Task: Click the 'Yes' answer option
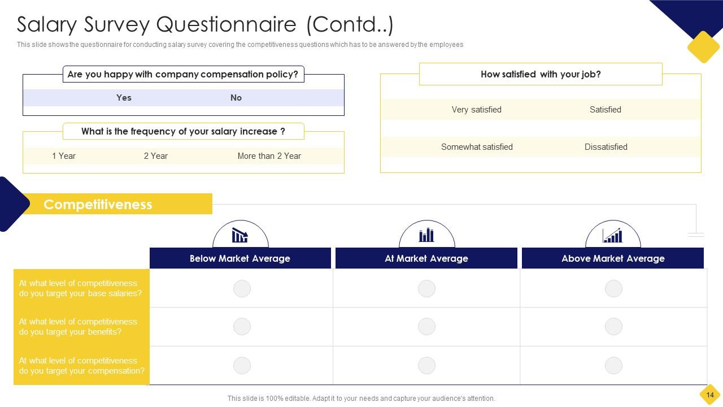pyautogui.click(x=124, y=98)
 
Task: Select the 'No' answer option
pyautogui.click(x=236, y=98)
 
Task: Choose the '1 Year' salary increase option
pyautogui.click(x=64, y=156)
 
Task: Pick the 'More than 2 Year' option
pyautogui.click(x=269, y=156)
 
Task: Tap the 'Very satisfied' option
pyautogui.click(x=476, y=110)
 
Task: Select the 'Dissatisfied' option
pyautogui.click(x=606, y=147)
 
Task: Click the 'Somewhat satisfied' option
pyautogui.click(x=477, y=147)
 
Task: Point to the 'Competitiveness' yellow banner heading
pyautogui.click(x=98, y=204)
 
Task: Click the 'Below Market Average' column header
pyautogui.click(x=240, y=258)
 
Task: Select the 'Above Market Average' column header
pyautogui.click(x=613, y=258)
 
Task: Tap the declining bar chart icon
pyautogui.click(x=240, y=235)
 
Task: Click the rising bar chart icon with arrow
pyautogui.click(x=613, y=235)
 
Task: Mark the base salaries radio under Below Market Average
pyautogui.click(x=242, y=288)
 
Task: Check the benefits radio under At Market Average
pyautogui.click(x=426, y=326)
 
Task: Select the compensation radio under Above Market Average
pyautogui.click(x=613, y=365)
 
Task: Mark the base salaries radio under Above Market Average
pyautogui.click(x=613, y=288)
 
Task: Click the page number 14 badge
pyautogui.click(x=710, y=395)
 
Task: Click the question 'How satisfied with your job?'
pyautogui.click(x=541, y=74)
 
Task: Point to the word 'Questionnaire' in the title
pyautogui.click(x=227, y=25)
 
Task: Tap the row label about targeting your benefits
pyautogui.click(x=78, y=327)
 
